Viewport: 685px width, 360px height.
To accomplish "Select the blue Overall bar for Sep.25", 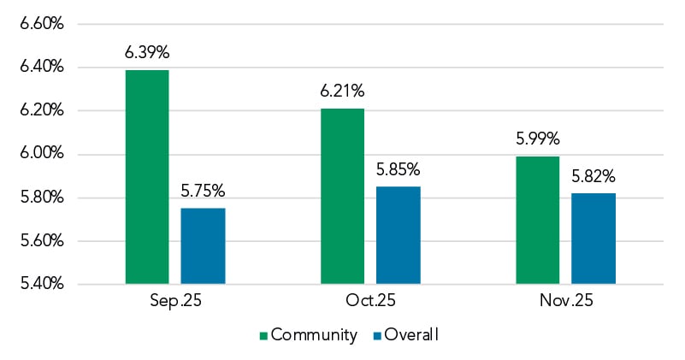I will (x=203, y=245).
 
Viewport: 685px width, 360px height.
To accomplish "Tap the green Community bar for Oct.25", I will (x=343, y=196).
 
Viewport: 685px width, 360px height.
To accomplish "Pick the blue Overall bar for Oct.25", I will (x=399, y=234).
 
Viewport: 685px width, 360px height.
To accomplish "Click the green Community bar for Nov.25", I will (x=539, y=220).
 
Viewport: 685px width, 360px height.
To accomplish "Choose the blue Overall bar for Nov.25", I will (x=593, y=238).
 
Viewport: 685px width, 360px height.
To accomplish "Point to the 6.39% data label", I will (x=147, y=53).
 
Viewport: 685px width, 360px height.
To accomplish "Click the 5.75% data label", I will (x=203, y=191).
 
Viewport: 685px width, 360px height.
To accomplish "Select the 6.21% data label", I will (x=343, y=91).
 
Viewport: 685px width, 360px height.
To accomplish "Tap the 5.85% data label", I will (x=399, y=169).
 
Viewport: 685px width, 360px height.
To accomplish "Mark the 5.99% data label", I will (x=539, y=139).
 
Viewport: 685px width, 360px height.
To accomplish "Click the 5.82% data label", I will (x=593, y=176).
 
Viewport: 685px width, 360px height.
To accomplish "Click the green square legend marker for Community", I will (x=263, y=335).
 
